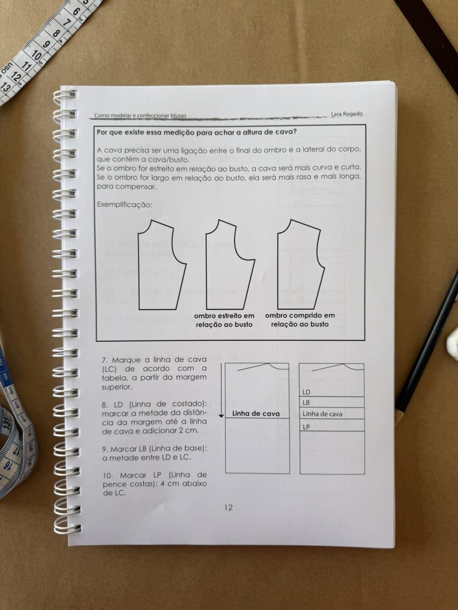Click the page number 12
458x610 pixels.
tap(228, 508)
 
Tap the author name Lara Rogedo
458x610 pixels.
tap(347, 114)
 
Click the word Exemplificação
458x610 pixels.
tap(124, 205)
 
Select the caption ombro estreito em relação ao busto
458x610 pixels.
tap(224, 320)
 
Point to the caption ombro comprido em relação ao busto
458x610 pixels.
tap(300, 320)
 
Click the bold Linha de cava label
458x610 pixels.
tap(256, 414)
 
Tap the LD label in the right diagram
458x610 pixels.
tap(306, 392)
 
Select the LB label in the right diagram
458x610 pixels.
tap(306, 402)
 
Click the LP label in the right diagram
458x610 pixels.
tap(306, 427)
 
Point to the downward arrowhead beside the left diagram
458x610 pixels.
tap(221, 416)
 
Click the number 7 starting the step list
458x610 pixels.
tap(105, 361)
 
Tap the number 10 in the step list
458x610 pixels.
tap(107, 475)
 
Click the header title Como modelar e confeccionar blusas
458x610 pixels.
tap(140, 116)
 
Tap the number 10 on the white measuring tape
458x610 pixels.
tap(37, 55)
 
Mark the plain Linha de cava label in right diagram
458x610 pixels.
tap(322, 414)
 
